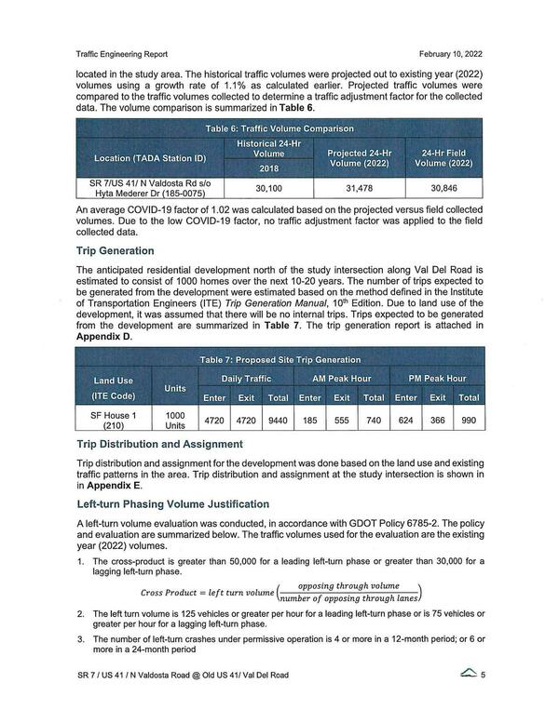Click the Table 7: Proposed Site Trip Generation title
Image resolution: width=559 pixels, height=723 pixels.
[x=280, y=360]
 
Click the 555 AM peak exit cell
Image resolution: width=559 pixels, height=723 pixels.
[x=342, y=420]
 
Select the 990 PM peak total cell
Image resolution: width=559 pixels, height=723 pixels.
[x=469, y=420]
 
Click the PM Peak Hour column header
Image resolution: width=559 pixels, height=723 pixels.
[x=437, y=379]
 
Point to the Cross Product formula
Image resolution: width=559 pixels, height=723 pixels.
[x=279, y=593]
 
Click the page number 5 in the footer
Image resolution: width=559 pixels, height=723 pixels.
[x=484, y=702]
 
